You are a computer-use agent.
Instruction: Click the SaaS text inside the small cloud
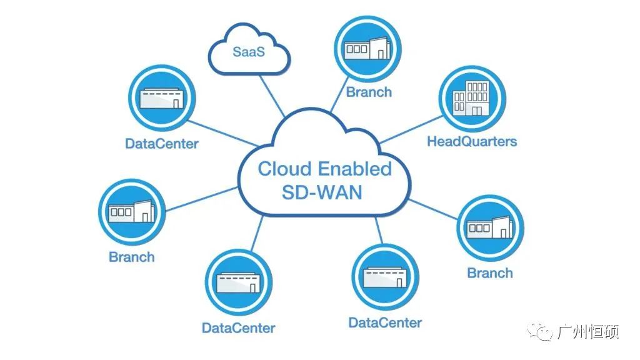tap(249, 52)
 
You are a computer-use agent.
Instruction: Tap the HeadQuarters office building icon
tap(471, 99)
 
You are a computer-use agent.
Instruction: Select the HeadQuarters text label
tap(472, 141)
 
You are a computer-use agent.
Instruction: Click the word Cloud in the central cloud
tap(284, 169)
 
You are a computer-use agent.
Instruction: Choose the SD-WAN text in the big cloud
tap(322, 192)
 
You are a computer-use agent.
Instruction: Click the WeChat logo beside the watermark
tap(539, 331)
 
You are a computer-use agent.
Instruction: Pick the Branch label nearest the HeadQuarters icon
tap(369, 92)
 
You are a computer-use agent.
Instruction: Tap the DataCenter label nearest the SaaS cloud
tap(162, 144)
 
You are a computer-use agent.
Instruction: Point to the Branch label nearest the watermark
tap(490, 273)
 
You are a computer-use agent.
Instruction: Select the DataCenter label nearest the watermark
tap(385, 323)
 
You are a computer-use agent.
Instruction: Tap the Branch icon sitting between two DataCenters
tap(131, 212)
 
